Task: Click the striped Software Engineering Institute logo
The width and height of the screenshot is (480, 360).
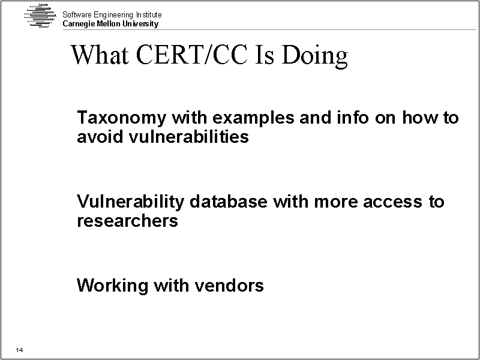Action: [x=40, y=16]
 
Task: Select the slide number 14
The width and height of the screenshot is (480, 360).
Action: [x=19, y=350]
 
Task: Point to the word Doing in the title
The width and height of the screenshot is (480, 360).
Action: [x=314, y=55]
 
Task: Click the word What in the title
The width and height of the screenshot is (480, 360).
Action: [x=100, y=55]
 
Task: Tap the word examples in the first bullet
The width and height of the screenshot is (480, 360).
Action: [x=253, y=118]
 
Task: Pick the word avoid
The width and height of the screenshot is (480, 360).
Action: [x=100, y=136]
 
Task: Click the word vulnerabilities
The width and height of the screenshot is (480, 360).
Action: [x=188, y=136]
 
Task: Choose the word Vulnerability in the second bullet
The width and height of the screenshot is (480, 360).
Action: [x=130, y=202]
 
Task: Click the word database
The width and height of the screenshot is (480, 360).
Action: [x=229, y=202]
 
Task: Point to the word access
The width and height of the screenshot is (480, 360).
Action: [x=392, y=202]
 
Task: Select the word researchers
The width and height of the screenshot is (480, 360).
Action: [x=127, y=221]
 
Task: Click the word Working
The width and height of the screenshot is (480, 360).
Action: [x=112, y=286]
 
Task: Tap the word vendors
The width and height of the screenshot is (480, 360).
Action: [x=229, y=286]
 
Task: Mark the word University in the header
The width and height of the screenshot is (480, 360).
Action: [x=140, y=24]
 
